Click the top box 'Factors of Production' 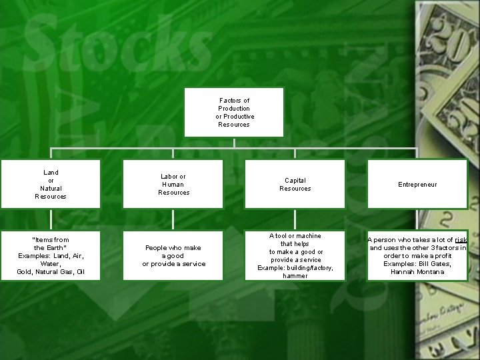tap(234, 112)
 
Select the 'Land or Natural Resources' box tap(51, 184)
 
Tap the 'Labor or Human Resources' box tap(173, 184)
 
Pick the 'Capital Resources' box tap(295, 184)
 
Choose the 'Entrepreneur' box tap(417, 184)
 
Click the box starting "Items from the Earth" tap(51, 255)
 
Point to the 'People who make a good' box tap(173, 255)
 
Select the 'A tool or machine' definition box tap(295, 255)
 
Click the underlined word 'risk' tap(461, 240)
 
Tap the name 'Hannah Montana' tap(417, 272)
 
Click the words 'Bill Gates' tap(435, 264)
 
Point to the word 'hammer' tap(295, 276)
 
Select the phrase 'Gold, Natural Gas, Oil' tap(51, 272)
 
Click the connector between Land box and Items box tap(51, 219)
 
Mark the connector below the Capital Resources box tap(295, 219)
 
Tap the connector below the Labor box tap(173, 219)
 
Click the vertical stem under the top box tap(234, 142)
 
